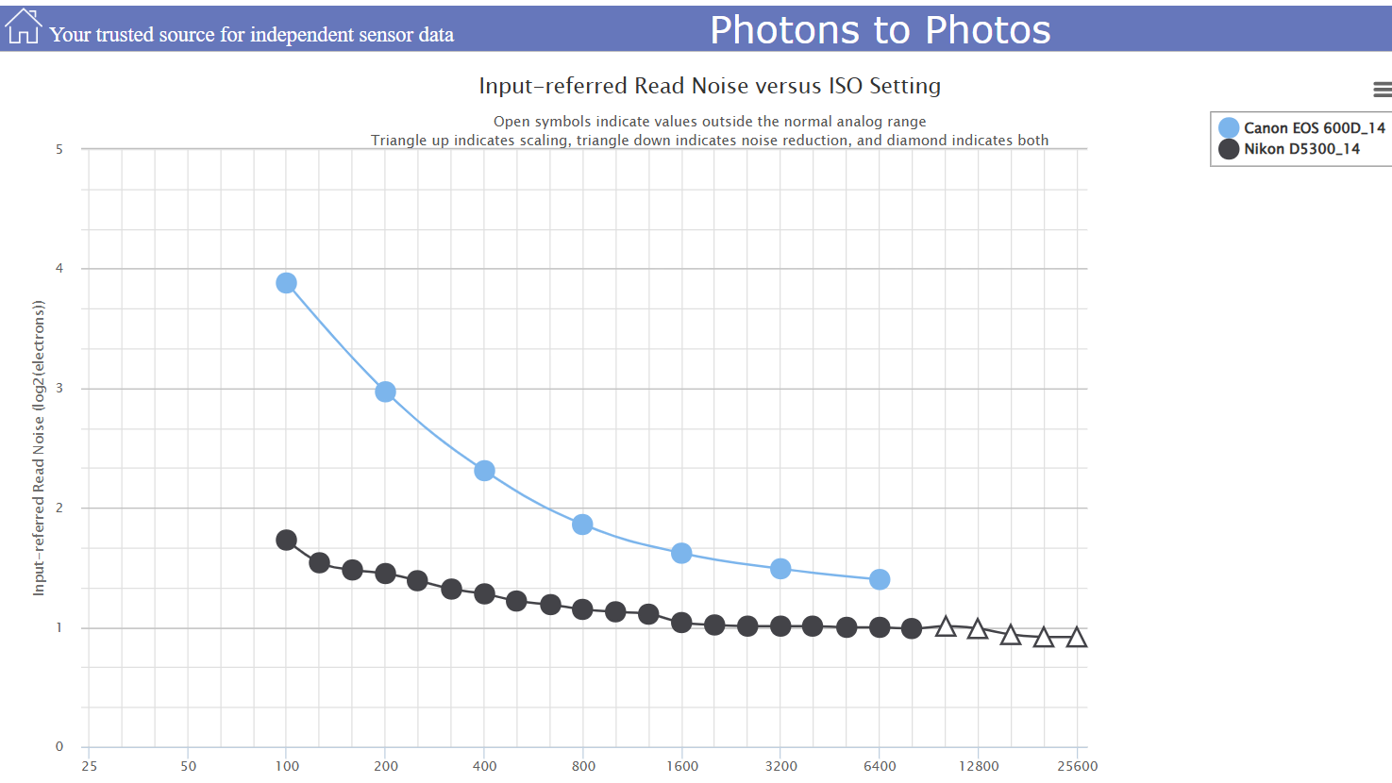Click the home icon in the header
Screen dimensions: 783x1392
23,27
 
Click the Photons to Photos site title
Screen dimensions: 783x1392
880,30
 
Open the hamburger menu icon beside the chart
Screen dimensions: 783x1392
1382,90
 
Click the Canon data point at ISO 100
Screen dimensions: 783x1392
287,283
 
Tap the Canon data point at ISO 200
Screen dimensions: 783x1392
385,391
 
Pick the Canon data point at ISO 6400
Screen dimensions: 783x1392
880,579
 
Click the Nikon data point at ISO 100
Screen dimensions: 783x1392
287,540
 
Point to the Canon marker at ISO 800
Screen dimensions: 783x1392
582,525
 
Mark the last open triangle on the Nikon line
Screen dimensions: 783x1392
1076,639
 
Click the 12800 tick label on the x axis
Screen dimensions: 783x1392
979,766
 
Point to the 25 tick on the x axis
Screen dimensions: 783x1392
89,766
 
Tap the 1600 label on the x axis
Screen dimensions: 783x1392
682,766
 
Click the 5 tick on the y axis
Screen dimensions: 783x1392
59,149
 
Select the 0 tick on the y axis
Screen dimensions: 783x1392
59,747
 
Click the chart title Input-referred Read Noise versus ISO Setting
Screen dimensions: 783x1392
710,86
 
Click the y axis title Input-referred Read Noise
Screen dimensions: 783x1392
39,448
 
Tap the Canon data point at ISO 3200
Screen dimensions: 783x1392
780,569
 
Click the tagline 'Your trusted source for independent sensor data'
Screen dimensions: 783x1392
252,35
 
